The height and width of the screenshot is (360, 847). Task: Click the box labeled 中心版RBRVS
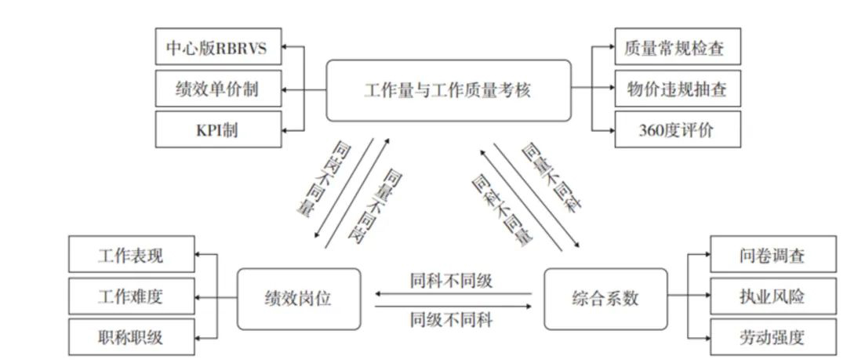click(x=217, y=49)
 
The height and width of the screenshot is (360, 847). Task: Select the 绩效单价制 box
click(x=217, y=90)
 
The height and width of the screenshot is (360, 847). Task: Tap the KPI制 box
click(x=217, y=130)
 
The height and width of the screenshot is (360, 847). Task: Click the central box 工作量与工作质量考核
click(x=448, y=90)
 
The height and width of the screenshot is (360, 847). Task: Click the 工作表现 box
click(x=131, y=256)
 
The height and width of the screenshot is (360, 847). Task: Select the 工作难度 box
click(x=131, y=297)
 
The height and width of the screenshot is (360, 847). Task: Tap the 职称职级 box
click(x=131, y=337)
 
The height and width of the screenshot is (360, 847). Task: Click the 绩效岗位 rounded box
click(x=299, y=298)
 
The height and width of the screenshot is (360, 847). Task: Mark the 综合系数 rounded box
click(x=605, y=298)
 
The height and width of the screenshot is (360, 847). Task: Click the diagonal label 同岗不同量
click(x=325, y=180)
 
